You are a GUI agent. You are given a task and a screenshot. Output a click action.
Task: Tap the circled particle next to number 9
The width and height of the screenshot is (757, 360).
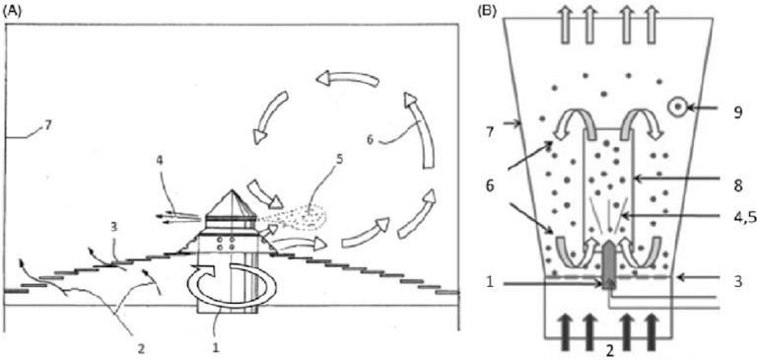tap(677, 108)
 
